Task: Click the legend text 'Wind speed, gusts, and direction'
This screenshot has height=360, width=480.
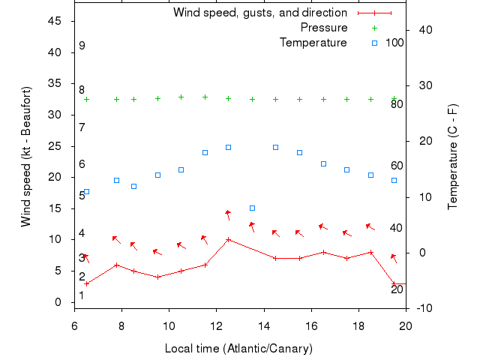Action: pyautogui.click(x=259, y=13)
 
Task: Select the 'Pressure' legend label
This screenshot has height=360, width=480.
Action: pyautogui.click(x=324, y=28)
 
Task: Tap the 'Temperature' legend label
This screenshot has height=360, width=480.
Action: pyautogui.click(x=313, y=43)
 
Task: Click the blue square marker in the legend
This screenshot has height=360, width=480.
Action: pyautogui.click(x=374, y=43)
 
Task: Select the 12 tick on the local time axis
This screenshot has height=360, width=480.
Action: pyautogui.click(x=216, y=325)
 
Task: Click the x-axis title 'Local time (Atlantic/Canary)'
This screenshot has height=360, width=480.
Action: pyautogui.click(x=238, y=349)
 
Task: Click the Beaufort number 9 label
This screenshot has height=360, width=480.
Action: pyautogui.click(x=82, y=46)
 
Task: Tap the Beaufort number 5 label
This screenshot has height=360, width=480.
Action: pyautogui.click(x=82, y=196)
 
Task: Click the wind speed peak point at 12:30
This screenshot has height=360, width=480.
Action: pyautogui.click(x=228, y=240)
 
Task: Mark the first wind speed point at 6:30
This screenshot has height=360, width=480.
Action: pyautogui.click(x=86, y=283)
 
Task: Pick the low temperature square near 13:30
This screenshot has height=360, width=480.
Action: pyautogui.click(x=252, y=208)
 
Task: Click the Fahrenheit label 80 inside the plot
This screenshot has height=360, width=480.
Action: pyautogui.click(x=397, y=104)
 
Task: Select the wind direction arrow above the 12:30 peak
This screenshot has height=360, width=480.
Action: pyautogui.click(x=227, y=215)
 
